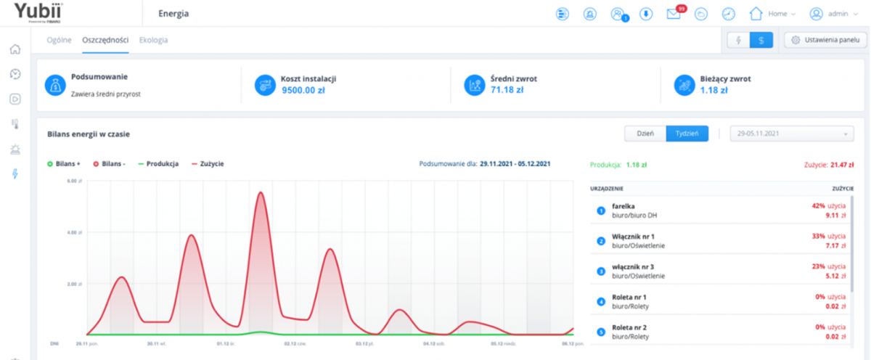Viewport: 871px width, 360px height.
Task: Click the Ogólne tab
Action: point(60,40)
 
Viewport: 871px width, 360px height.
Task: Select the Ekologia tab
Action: point(153,40)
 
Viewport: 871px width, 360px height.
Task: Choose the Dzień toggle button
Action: point(645,134)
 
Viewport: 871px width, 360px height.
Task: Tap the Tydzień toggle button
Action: point(687,134)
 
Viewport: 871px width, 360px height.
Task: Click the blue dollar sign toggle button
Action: point(761,41)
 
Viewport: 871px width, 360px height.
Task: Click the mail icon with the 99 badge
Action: point(674,14)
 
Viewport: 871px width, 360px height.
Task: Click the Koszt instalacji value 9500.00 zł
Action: point(303,90)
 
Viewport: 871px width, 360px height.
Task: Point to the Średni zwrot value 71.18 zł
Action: point(507,90)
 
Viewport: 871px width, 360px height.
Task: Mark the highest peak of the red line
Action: point(260,193)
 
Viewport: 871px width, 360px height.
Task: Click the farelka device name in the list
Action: point(623,206)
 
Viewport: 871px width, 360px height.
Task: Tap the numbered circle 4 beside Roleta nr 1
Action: point(600,301)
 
